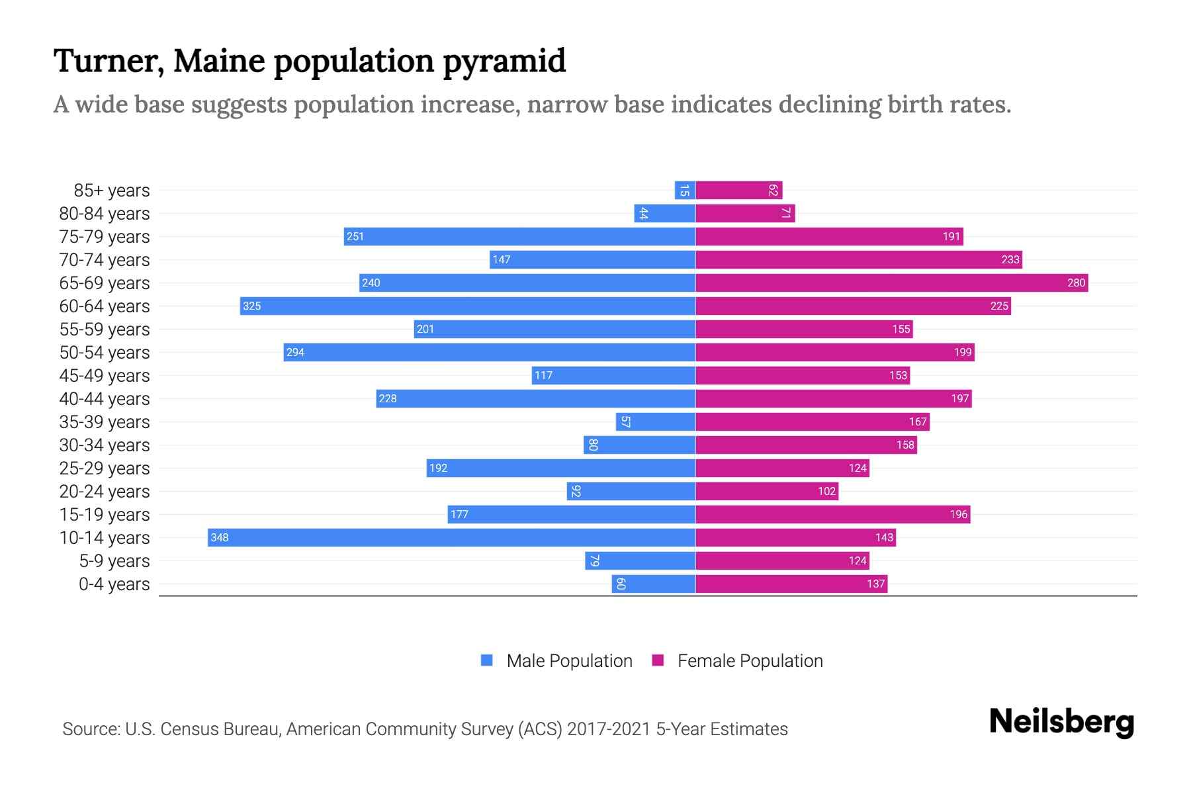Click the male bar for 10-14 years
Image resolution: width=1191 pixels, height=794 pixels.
point(451,537)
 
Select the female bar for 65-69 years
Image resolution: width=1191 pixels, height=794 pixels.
point(891,283)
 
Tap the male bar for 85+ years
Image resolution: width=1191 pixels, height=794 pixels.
point(685,190)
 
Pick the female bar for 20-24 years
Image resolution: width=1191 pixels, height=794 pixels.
point(767,491)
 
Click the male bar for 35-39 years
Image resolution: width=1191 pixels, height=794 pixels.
point(655,421)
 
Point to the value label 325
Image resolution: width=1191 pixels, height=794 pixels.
point(251,306)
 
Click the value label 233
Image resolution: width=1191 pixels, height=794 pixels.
point(1010,259)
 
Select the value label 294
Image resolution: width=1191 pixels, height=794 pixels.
point(295,352)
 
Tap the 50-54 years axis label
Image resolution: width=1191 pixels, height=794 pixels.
point(105,353)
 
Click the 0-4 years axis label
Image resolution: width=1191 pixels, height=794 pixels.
point(114,584)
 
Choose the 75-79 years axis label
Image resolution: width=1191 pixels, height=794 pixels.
point(105,237)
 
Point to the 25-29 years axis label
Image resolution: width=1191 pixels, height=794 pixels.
point(105,468)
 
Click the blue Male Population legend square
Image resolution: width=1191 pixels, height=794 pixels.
point(487,660)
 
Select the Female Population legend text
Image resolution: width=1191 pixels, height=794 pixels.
point(750,661)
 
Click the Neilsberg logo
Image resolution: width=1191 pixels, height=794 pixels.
point(1061,722)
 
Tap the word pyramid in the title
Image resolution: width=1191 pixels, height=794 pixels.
point(504,62)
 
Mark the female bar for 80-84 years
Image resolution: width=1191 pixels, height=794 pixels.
point(745,213)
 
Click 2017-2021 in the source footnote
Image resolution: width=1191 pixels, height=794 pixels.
point(609,729)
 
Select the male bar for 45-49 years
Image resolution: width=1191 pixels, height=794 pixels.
point(613,375)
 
